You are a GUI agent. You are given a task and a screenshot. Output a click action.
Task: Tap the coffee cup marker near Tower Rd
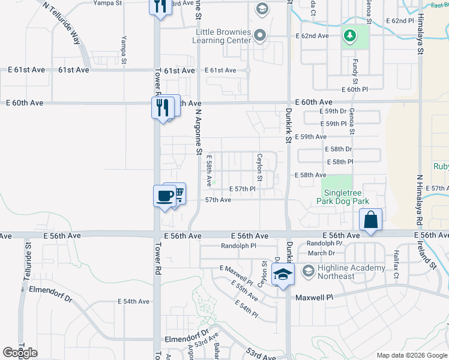tap(164, 196)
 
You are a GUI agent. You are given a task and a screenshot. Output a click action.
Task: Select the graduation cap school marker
tap(283, 274)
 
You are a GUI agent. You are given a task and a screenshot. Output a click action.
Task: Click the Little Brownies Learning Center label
tap(221, 36)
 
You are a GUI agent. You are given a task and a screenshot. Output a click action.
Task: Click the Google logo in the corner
tap(20, 352)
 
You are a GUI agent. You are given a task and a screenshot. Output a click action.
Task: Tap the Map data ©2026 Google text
tap(411, 355)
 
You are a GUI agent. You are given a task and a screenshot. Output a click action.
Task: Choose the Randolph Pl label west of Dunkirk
tap(238, 246)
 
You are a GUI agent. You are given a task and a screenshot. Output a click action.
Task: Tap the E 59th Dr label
tap(333, 112)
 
